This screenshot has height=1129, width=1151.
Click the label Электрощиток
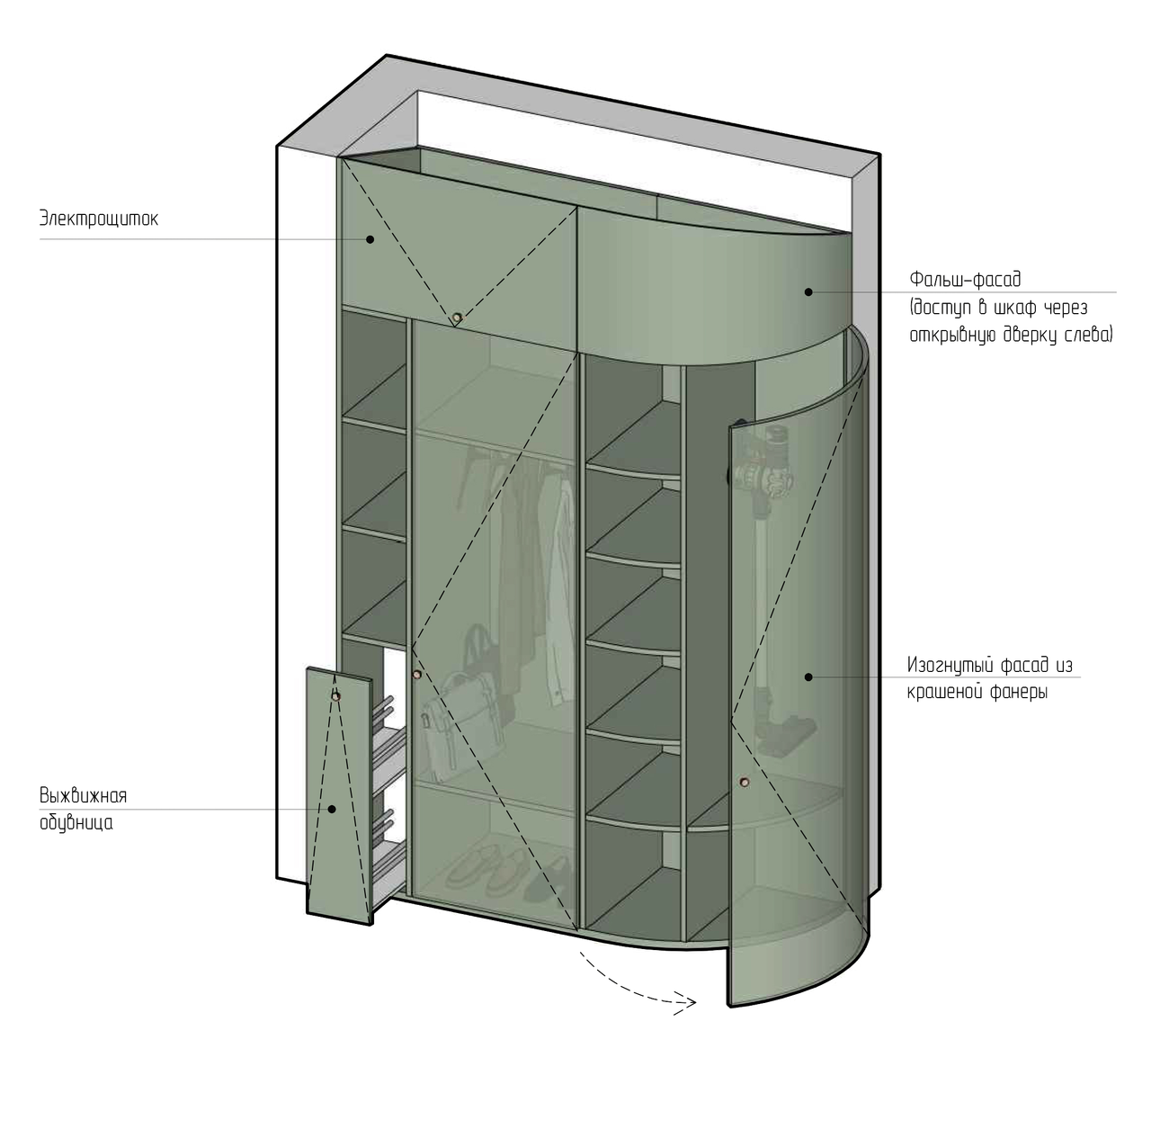click(x=99, y=218)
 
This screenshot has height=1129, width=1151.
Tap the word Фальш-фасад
click(x=965, y=279)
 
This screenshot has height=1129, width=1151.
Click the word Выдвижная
click(x=83, y=796)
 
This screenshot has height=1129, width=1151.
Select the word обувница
click(x=76, y=823)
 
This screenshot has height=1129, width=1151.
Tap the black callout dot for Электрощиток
click(x=370, y=239)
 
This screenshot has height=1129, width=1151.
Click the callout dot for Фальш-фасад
click(x=808, y=291)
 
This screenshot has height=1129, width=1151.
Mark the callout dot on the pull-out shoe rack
click(x=332, y=809)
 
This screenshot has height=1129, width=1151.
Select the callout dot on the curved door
click(x=808, y=677)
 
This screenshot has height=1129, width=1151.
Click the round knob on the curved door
click(x=745, y=782)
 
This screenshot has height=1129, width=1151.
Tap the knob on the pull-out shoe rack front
click(x=335, y=696)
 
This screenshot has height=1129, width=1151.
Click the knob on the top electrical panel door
click(x=457, y=318)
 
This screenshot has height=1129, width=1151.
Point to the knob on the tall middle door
click(x=417, y=674)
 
